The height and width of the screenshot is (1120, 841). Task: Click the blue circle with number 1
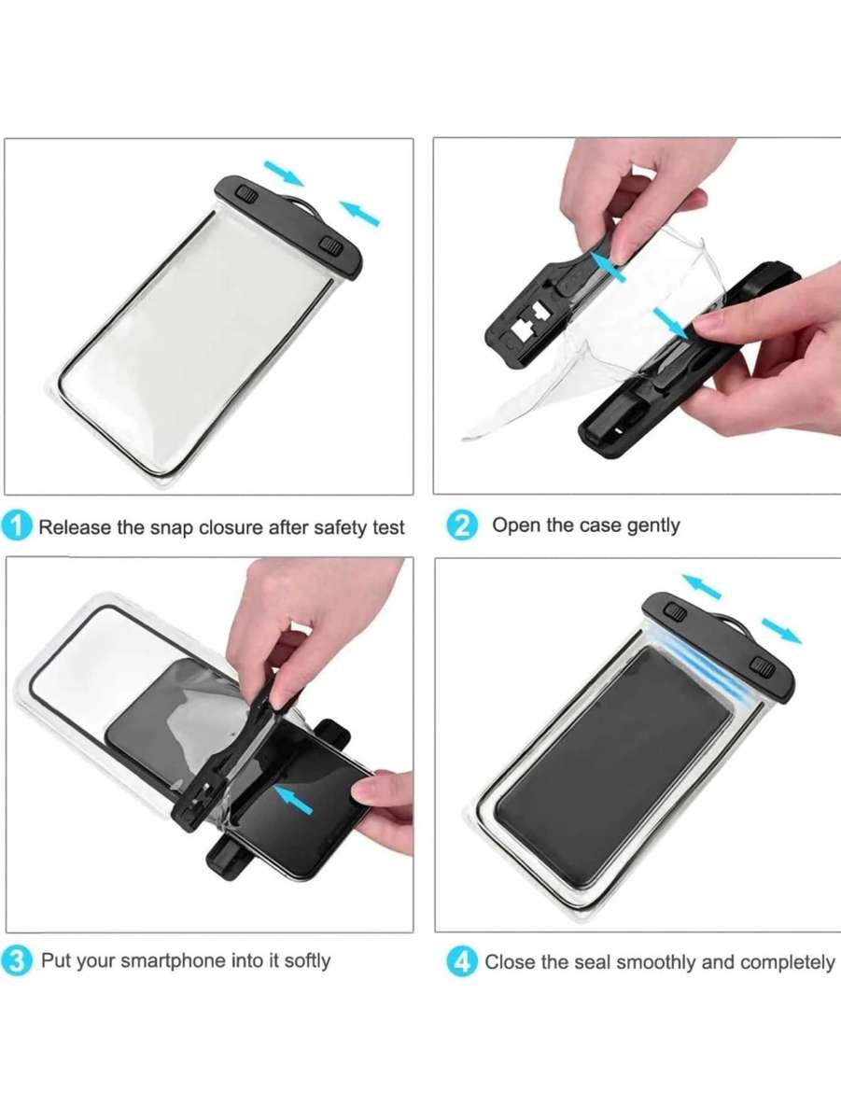17,525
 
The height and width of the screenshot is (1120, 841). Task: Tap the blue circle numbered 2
462,525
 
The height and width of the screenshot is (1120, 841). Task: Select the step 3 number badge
17,960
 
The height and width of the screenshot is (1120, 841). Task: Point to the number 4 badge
463,961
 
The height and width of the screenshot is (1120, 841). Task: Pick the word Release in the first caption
74,527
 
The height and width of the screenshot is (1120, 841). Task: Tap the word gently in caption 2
652,525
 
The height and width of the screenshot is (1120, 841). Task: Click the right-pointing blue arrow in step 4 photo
780,630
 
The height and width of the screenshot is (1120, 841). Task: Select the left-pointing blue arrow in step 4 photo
701,586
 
